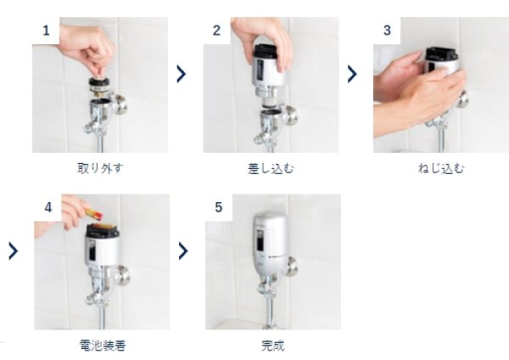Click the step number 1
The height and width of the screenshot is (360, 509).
click(46, 31)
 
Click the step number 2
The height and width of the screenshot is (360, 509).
click(216, 31)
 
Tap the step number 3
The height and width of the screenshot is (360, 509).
click(387, 31)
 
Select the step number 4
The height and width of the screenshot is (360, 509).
click(48, 207)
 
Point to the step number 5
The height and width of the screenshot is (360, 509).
click(219, 207)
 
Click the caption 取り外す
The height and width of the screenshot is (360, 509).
click(100, 168)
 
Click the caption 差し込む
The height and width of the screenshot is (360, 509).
click(271, 169)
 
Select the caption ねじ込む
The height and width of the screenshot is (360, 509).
click(441, 169)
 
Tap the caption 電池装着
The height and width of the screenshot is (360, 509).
click(103, 345)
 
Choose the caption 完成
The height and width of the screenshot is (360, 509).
click(273, 345)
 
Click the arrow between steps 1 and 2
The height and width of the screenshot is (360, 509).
click(182, 74)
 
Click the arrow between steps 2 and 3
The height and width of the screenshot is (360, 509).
click(352, 74)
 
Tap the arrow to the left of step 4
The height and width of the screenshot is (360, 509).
click(14, 251)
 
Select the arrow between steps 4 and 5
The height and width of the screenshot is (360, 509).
click(183, 251)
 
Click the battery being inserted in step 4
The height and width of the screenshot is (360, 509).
click(94, 213)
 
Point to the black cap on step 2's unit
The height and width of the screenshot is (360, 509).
click(266, 52)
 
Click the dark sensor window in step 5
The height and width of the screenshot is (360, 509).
click(260, 240)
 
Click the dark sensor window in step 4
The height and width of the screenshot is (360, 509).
click(92, 250)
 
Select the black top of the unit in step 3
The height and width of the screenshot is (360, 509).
click(442, 54)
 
